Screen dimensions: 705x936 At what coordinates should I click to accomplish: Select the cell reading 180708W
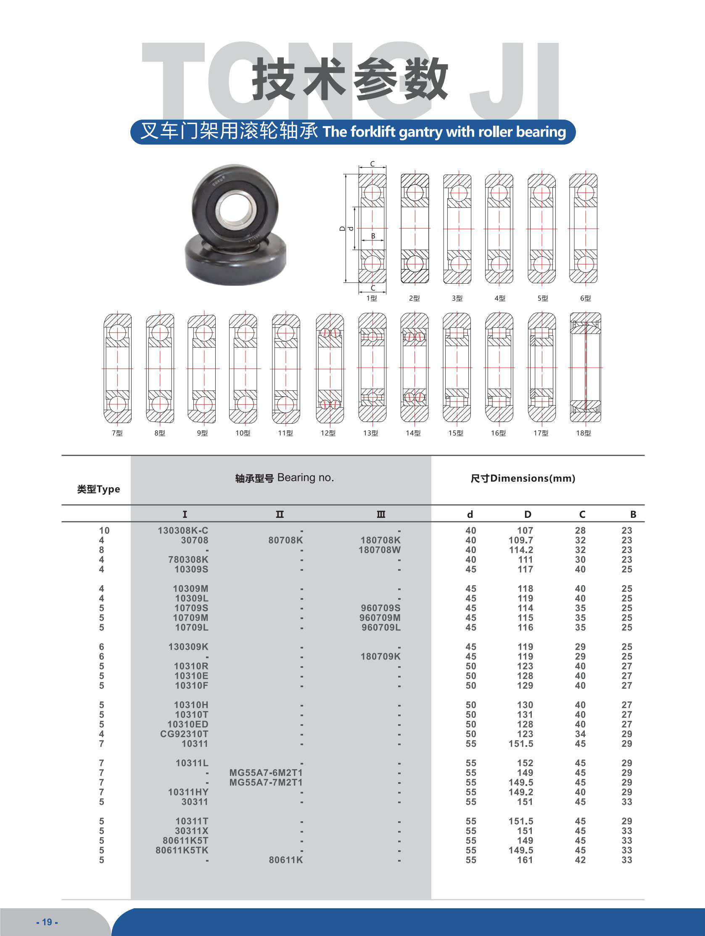click(x=380, y=550)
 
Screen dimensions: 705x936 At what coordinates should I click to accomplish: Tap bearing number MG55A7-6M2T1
click(x=266, y=773)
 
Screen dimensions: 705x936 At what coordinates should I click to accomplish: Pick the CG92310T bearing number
click(x=184, y=734)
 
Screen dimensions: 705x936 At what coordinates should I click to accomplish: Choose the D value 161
click(x=525, y=860)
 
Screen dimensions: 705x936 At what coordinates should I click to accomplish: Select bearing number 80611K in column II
click(x=286, y=860)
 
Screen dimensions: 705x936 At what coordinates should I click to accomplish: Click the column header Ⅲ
click(x=381, y=514)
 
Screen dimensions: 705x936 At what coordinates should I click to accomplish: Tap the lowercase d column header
click(x=470, y=514)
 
